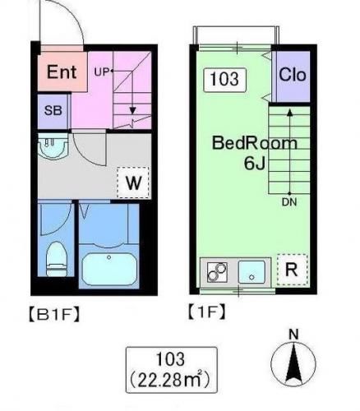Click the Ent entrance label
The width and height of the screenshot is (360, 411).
62,72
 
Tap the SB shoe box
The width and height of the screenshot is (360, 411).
53,111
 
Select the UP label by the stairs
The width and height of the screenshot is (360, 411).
101,72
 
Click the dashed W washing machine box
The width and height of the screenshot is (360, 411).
133,182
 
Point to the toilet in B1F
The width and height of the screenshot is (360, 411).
57,259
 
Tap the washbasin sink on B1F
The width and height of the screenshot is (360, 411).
53,146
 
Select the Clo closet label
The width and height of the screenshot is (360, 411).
293,75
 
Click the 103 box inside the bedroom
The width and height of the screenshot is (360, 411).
224,80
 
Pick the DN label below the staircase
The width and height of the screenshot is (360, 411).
289,202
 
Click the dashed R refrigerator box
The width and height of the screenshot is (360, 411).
292,270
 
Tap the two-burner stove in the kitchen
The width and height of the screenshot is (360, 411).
217,272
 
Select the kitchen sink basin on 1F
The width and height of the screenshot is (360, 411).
252,272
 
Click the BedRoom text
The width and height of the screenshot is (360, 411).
255,143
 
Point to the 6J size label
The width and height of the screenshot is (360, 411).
255,164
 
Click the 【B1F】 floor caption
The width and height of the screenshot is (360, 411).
54,315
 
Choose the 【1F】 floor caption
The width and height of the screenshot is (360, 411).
207,312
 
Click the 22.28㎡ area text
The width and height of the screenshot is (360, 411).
170,380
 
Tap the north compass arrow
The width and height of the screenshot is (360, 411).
293,364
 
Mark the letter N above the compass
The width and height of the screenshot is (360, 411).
293,335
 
